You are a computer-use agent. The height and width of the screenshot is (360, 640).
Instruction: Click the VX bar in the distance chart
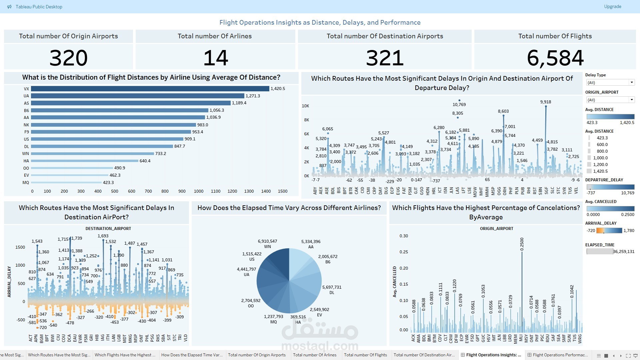pos(150,89)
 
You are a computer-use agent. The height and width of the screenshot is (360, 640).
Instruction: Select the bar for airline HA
pos(85,161)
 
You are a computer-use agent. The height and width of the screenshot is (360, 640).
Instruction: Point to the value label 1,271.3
pos(253,96)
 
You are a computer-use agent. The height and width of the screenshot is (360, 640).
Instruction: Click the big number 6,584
pos(555,58)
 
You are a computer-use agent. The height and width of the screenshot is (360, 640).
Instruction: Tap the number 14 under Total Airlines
pos(215,58)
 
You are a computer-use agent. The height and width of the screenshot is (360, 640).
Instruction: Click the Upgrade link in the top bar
pos(612,7)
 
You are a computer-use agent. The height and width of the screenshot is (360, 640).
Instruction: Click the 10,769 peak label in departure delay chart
pos(459,105)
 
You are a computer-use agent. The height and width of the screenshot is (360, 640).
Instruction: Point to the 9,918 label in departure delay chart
pos(546,102)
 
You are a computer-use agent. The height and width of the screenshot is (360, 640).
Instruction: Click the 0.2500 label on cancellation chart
pos(522,244)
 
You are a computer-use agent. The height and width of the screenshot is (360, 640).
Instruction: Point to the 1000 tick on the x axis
pos(199,191)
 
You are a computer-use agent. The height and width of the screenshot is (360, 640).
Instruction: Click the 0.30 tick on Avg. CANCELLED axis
pos(404,236)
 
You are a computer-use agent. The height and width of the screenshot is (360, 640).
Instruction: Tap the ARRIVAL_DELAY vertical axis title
pos(9,282)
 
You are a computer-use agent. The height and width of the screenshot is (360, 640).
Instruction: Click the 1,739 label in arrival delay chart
pos(77,238)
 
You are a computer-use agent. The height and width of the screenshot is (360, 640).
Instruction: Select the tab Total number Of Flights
pos(365,355)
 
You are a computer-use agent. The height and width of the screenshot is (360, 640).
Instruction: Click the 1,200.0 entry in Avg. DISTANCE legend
pos(600,165)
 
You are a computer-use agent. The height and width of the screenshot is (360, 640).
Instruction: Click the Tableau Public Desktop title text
pos(39,7)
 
